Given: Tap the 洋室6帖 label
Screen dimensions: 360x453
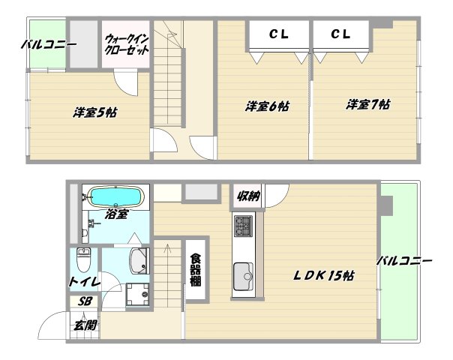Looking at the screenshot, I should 267,106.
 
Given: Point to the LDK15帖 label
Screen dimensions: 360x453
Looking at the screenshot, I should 323,277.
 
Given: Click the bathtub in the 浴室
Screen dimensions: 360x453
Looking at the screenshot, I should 115,197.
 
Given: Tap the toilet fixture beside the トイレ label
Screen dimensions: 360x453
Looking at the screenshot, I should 84,260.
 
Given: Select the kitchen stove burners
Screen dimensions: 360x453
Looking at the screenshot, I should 244,224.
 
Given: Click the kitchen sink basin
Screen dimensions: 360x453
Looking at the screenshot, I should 244,275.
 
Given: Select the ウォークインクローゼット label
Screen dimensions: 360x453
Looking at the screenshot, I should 127,43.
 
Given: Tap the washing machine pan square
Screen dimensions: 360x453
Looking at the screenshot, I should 136,294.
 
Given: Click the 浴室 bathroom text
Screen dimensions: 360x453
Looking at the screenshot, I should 116,214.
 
